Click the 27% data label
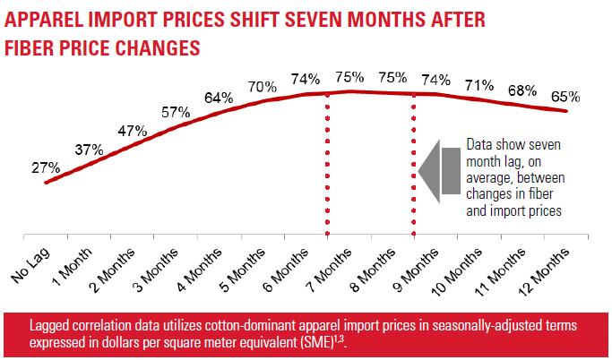(46, 167)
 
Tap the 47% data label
(132, 131)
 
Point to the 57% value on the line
(175, 112)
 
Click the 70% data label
(262, 87)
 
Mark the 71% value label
(479, 85)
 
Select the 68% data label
(522, 90)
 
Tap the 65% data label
(565, 97)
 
